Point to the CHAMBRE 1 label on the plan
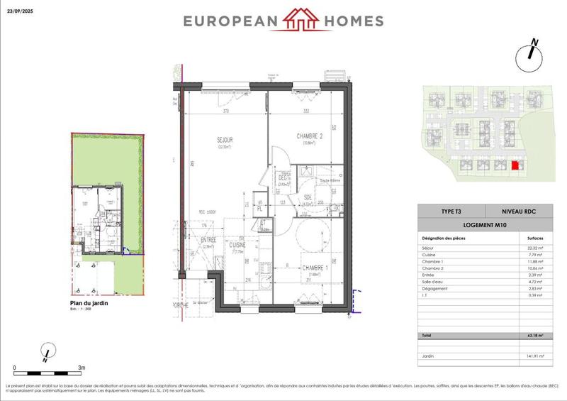pos(315,268)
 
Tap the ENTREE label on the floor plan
pos(208,241)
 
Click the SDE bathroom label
pos(308,198)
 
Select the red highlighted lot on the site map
pos(515,165)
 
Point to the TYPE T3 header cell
pos(451,212)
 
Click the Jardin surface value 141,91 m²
pos(534,356)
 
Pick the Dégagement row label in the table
pos(437,288)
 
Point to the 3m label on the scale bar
pos(82,368)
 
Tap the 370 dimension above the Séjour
pos(225,111)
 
